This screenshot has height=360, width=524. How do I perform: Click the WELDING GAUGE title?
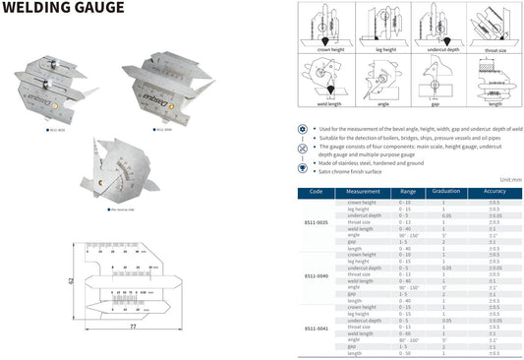click(63, 9)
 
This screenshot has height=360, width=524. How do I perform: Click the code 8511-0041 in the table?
click(316, 328)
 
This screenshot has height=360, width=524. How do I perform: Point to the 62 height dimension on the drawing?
click(71, 279)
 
